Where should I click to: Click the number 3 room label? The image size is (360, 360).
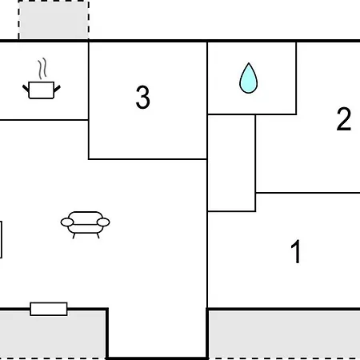[143, 97]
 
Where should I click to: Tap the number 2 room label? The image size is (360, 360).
[344, 119]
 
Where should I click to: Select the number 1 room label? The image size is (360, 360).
[296, 251]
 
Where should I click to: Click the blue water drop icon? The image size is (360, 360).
[248, 78]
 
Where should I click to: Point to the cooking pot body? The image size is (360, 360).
[42, 90]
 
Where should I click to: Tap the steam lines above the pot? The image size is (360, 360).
[42, 69]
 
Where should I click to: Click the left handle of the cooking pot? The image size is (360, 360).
[26, 89]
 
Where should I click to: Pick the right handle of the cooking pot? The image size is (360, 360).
[58, 89]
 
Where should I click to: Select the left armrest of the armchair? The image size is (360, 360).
[67, 222]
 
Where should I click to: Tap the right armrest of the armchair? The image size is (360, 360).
[103, 222]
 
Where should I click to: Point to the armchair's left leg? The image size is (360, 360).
[74, 236]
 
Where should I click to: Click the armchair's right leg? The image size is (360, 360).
[98, 236]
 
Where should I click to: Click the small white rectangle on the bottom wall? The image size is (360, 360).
[49, 309]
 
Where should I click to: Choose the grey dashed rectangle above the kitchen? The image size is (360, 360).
[54, 20]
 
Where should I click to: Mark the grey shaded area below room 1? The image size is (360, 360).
[284, 334]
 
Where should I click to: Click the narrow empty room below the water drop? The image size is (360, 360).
[231, 163]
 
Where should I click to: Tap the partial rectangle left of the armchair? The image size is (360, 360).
[1, 239]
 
